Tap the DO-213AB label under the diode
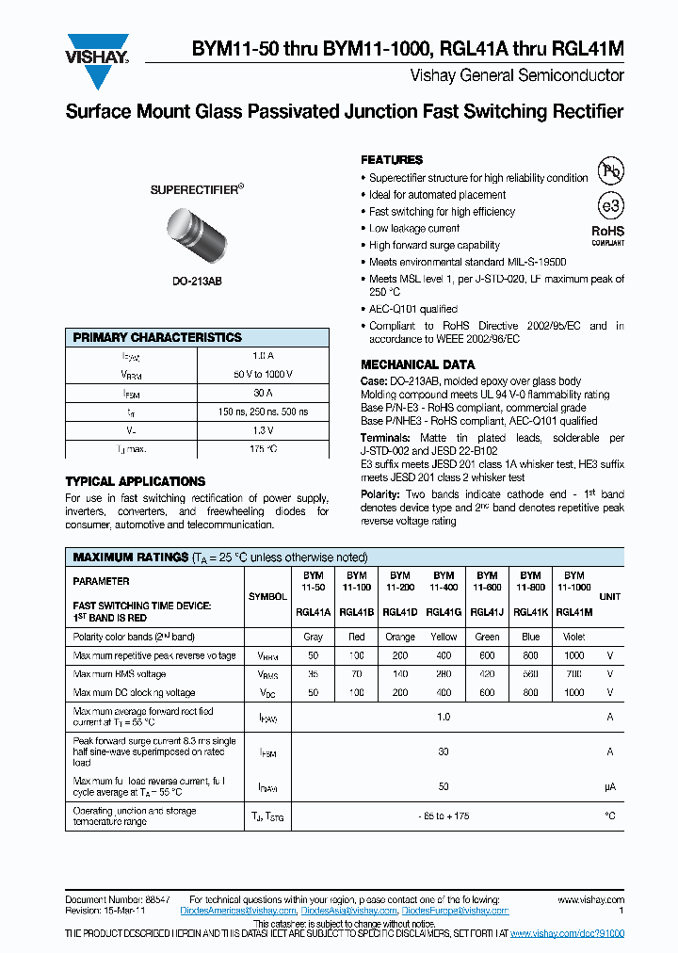point(197,281)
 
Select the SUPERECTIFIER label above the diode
point(197,189)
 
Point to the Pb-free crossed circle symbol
point(611,171)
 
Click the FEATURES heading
point(392,160)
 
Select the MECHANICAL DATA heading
point(417,364)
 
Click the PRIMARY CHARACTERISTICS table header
point(157,337)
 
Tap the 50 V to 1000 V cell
point(263,374)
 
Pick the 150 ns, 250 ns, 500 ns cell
point(263,412)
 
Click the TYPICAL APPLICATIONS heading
point(135,481)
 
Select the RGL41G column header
point(443,611)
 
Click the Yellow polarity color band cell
point(443,637)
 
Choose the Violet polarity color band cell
point(573,637)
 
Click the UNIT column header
point(609,596)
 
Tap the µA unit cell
point(609,785)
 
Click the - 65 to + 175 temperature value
point(443,816)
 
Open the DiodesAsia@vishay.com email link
point(348,911)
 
